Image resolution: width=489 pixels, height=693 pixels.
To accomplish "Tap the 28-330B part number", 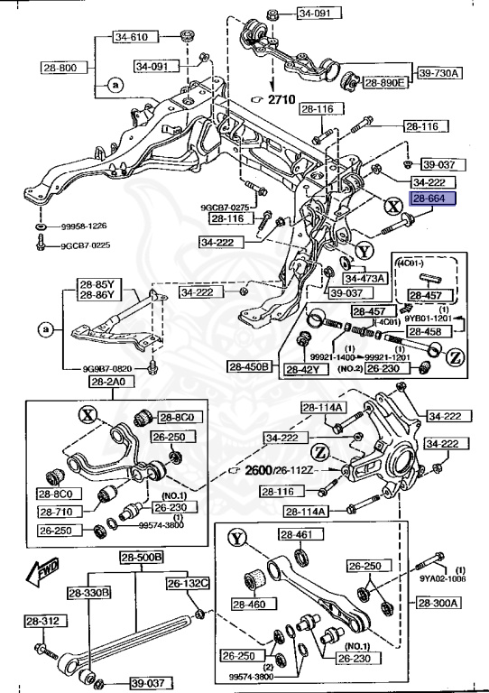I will click(x=88, y=592).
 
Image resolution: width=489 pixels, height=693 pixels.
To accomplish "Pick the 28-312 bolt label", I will click(x=42, y=621).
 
